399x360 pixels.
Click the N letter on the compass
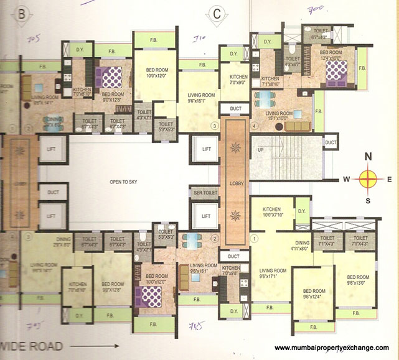point(368,157)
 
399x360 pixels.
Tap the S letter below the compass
point(368,200)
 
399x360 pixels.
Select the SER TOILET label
point(204,192)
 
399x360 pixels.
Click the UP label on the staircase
point(260,151)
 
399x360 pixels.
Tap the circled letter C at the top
point(217,12)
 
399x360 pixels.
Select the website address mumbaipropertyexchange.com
point(331,348)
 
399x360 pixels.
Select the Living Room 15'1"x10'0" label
point(279,117)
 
